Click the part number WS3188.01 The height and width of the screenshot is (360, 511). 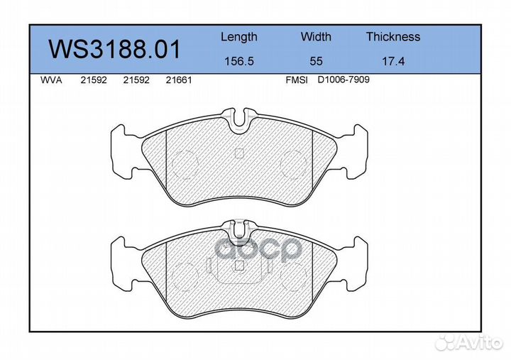point(114,49)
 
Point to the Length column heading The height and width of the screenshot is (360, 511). point(239,37)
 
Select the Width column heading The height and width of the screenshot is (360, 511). point(316,36)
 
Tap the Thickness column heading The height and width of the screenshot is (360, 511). point(393,36)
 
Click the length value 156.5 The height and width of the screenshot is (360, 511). point(239,61)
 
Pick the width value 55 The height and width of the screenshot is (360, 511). point(316,61)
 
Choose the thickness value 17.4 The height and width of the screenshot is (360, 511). point(393,61)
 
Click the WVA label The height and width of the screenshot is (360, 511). point(51,80)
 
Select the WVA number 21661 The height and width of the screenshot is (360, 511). point(179,80)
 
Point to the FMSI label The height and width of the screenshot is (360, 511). point(297,80)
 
